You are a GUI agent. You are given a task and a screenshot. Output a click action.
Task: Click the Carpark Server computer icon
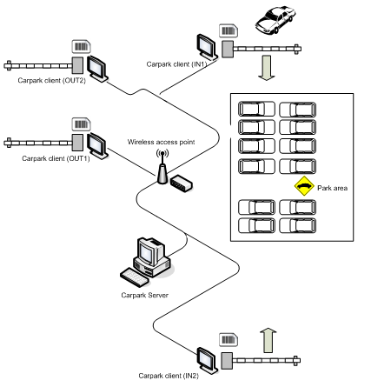147,258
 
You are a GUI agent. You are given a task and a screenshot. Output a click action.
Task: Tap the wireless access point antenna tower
162,167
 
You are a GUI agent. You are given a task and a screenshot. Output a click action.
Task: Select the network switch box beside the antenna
182,183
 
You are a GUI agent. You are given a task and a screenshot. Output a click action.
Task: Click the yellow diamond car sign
304,186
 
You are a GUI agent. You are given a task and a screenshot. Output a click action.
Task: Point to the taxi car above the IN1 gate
275,20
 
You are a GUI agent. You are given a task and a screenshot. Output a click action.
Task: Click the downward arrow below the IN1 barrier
267,68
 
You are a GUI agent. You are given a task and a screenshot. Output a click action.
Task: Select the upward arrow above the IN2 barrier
268,341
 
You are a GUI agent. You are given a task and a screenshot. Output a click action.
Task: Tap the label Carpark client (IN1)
176,64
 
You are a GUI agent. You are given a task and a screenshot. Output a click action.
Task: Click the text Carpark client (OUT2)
52,80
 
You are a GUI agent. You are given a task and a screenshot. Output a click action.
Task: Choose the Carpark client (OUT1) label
56,158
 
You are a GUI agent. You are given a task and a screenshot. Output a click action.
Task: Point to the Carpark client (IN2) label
169,376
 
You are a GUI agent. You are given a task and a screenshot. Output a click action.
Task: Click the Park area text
332,188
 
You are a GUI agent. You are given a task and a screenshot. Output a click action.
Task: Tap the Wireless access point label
161,142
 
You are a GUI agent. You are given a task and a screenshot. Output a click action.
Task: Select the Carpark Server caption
144,295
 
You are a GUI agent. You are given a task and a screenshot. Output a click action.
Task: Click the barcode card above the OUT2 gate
81,47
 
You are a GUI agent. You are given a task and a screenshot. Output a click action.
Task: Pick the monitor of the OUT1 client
97,146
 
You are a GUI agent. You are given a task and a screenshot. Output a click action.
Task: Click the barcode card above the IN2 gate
229,340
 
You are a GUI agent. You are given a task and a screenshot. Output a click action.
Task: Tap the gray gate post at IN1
228,49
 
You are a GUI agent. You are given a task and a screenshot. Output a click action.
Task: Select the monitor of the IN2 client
207,360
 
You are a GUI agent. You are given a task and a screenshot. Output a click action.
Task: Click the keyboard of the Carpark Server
135,277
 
